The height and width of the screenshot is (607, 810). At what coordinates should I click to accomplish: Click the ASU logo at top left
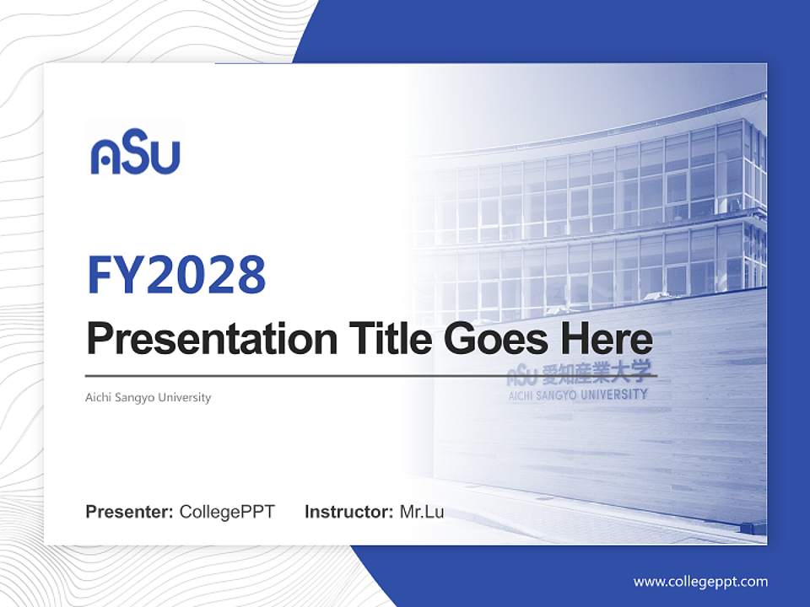click(135, 155)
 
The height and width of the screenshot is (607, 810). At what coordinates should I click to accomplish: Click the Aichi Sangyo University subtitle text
click(148, 397)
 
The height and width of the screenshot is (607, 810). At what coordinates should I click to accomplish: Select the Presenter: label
click(130, 512)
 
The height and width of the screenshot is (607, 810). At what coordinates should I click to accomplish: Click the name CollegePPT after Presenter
click(227, 512)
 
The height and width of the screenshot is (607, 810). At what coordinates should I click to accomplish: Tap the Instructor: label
click(348, 512)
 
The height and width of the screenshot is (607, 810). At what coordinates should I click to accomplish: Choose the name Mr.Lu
click(422, 512)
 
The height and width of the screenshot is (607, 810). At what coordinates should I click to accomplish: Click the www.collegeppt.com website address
click(700, 581)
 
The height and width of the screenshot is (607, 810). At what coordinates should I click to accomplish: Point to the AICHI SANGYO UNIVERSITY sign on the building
click(577, 395)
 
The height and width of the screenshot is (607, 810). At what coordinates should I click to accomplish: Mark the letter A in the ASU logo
click(107, 156)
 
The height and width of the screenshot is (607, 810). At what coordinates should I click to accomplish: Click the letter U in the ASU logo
click(165, 156)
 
